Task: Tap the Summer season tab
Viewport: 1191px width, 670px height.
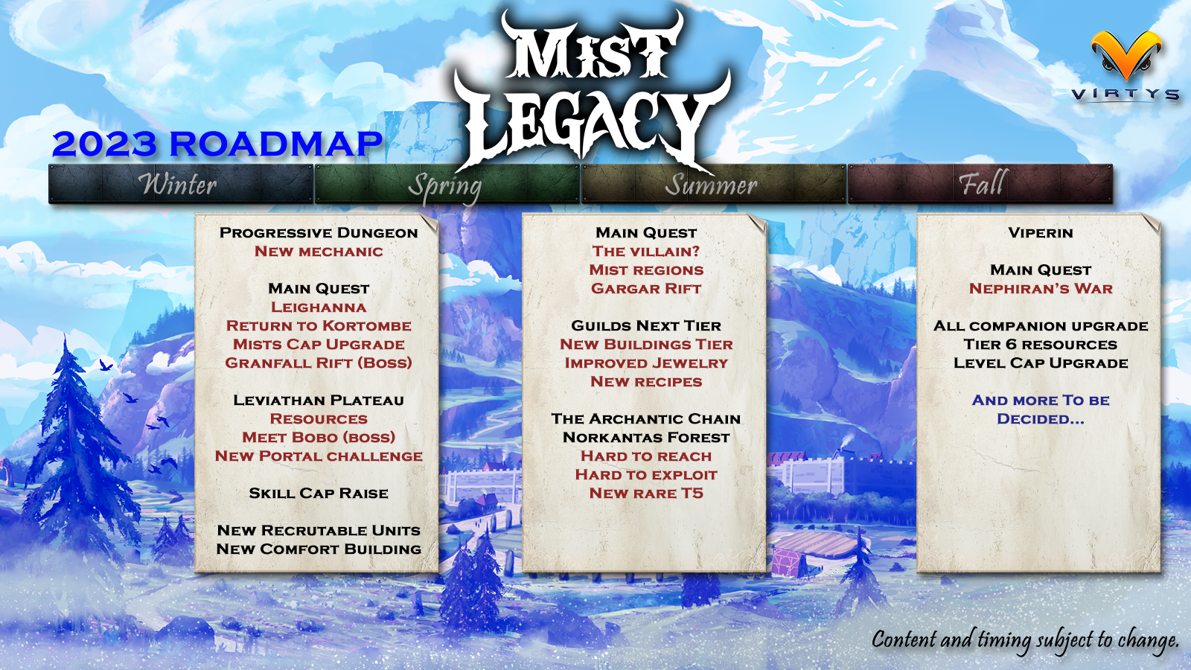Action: point(712,184)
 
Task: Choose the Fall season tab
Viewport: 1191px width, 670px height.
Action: point(980,184)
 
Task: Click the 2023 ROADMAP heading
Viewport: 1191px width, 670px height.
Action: point(217,144)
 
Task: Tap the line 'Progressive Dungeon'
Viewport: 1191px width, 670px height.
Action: point(319,233)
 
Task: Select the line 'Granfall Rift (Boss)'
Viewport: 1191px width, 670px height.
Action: point(319,363)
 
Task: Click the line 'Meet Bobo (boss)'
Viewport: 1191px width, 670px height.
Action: point(319,438)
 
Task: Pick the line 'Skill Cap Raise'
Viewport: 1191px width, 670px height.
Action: point(319,494)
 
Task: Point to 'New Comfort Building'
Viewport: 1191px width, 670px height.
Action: point(319,549)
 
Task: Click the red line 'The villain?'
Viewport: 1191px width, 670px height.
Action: point(646,252)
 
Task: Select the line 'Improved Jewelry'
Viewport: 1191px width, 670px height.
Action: point(646,363)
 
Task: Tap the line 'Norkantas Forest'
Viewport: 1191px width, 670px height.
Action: point(646,438)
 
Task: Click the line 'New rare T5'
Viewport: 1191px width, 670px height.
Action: point(646,494)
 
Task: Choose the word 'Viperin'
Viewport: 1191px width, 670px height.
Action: point(1041,233)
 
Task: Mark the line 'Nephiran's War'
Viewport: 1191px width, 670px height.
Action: point(1041,289)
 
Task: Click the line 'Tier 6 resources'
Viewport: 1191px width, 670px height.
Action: point(1041,345)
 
